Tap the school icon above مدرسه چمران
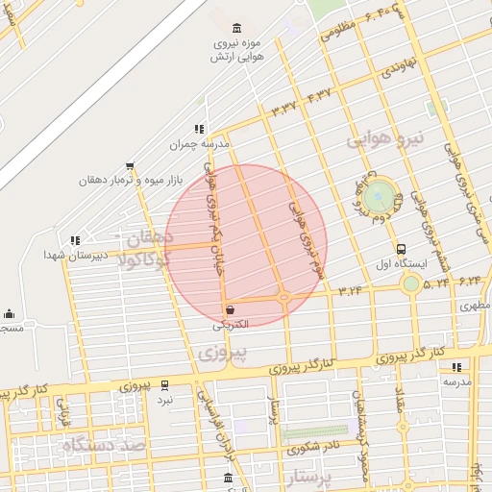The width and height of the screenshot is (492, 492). point(199,128)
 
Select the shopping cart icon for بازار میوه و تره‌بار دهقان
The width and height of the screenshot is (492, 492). point(130,165)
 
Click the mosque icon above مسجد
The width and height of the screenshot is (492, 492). point(10,313)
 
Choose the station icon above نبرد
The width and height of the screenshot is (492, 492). point(164,383)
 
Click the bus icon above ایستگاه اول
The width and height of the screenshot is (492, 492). point(401,248)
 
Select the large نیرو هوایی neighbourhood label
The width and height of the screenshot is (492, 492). point(383,141)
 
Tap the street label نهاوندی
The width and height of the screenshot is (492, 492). point(396,69)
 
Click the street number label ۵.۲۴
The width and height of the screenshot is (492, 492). point(436,283)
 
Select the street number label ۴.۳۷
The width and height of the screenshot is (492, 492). point(319,96)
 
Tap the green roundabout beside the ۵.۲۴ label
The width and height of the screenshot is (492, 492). point(411,283)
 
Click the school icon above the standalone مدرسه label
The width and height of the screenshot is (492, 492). point(455,367)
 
